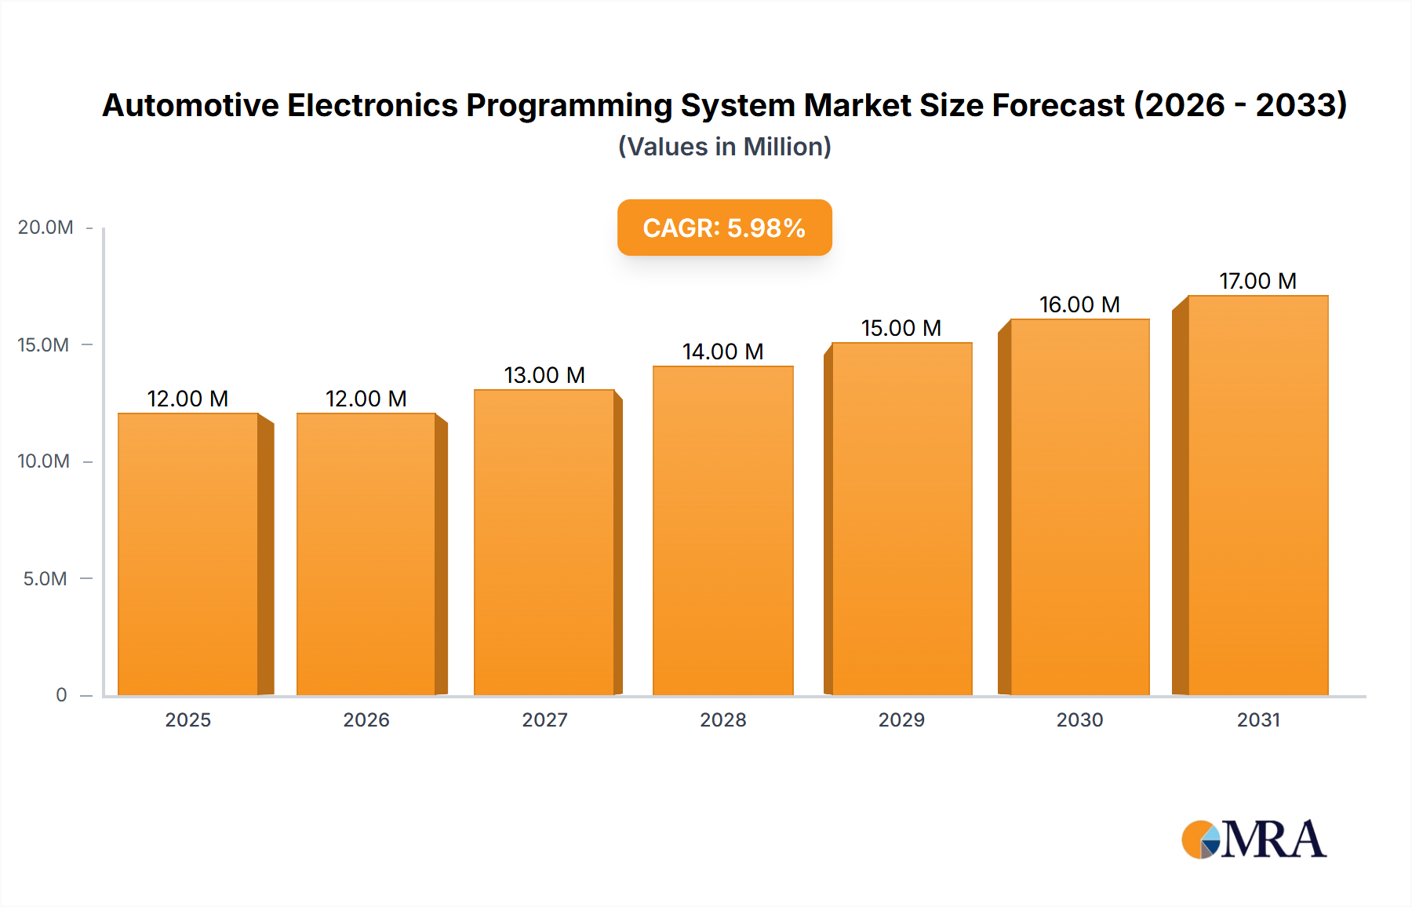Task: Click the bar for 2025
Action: point(188,553)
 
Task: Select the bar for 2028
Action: point(722,530)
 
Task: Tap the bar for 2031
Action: point(1257,494)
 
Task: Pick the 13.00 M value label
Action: point(544,375)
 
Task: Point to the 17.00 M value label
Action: point(1257,281)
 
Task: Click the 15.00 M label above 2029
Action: point(901,328)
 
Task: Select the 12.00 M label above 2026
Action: point(366,399)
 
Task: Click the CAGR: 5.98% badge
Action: point(724,228)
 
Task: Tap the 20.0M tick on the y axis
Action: point(45,228)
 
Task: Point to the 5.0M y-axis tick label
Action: point(45,578)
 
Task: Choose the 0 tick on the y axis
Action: point(61,694)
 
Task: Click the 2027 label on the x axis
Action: point(544,719)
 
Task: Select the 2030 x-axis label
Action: point(1079,719)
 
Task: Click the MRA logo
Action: point(1254,840)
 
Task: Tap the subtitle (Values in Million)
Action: point(724,147)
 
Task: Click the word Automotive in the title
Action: point(191,105)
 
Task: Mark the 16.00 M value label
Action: point(1079,304)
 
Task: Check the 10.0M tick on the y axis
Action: point(43,461)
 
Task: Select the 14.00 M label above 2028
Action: point(722,352)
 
